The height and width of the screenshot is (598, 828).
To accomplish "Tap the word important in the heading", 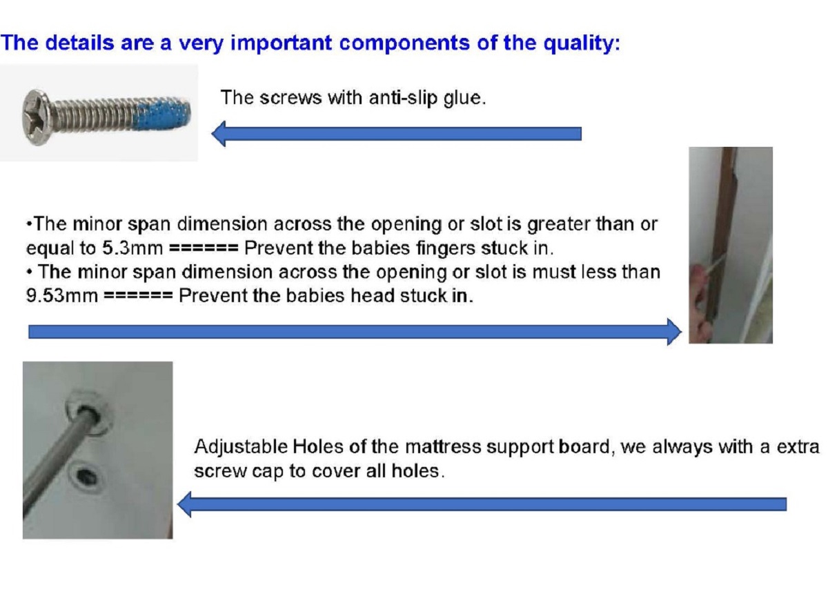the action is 281,43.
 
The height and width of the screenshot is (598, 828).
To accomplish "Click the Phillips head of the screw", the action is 36,117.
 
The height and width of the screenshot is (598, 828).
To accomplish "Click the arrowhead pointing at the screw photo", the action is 219,133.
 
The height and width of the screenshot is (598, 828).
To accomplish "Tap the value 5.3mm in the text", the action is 132,248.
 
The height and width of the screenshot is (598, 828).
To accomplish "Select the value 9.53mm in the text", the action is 61,296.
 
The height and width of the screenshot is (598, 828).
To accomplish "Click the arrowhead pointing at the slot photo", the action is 674,332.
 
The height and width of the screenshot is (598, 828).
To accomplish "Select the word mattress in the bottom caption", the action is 443,447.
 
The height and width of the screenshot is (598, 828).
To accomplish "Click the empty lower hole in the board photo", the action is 86,477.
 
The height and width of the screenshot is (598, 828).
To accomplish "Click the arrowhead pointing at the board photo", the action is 184,504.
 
